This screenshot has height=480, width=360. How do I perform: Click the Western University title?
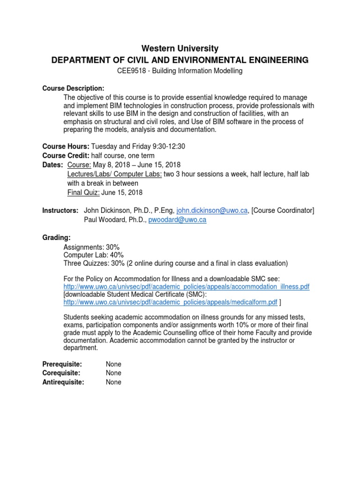180,48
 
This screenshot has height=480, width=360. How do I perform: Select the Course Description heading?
73,89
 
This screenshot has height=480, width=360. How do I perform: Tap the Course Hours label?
66,147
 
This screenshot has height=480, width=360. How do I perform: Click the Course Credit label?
67,156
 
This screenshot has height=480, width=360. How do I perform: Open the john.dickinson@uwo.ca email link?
212,210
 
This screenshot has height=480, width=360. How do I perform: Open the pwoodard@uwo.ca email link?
177,220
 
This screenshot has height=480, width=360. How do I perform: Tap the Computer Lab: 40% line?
93,255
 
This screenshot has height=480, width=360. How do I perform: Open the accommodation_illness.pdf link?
186,286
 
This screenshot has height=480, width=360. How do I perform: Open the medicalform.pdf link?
170,302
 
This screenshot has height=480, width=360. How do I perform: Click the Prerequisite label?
62,364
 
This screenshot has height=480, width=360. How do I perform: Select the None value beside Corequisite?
113,373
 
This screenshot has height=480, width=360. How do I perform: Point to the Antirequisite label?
63,382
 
